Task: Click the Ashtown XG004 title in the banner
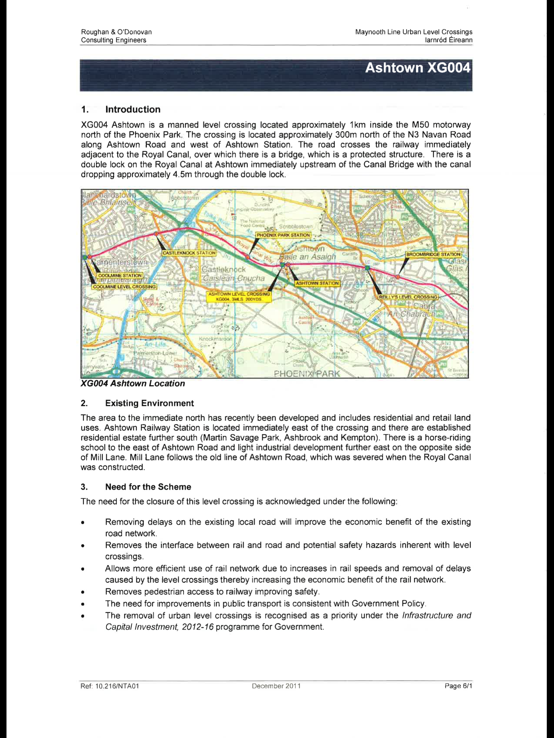(x=417, y=68)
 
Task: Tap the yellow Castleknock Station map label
(x=189, y=253)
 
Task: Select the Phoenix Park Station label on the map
(x=283, y=235)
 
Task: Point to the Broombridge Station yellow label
(x=433, y=254)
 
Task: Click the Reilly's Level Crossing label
(x=408, y=297)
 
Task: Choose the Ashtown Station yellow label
(x=317, y=283)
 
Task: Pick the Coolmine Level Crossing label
(x=124, y=287)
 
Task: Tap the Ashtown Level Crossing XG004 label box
(x=239, y=297)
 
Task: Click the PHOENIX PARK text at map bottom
(x=307, y=374)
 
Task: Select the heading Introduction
(x=133, y=110)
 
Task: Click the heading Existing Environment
(x=149, y=403)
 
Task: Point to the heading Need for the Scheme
(x=148, y=487)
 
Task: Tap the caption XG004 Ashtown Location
(x=133, y=383)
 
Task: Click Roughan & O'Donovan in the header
(x=116, y=32)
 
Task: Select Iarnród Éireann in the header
(x=449, y=40)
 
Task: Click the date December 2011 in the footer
(x=276, y=686)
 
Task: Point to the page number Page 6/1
(x=458, y=686)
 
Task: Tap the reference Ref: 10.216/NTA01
(x=110, y=686)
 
